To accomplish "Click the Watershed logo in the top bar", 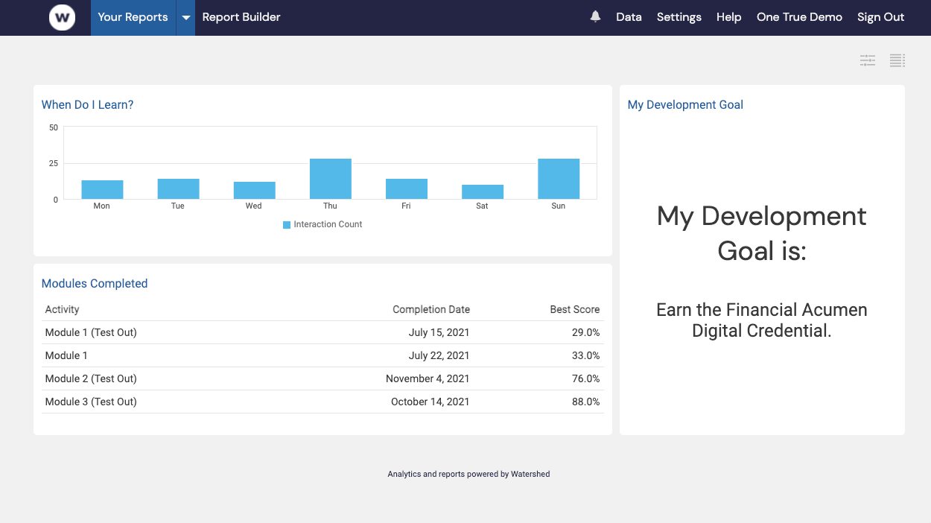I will tap(62, 17).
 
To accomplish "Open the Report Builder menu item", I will tap(241, 17).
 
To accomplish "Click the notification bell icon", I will tap(595, 16).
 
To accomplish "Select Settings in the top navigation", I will tap(679, 17).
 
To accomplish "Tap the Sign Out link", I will tap(880, 17).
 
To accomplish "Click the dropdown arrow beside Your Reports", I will tap(185, 18).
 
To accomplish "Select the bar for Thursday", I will tap(330, 179).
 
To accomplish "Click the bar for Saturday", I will tap(482, 191).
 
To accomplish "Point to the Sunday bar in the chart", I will tap(558, 179).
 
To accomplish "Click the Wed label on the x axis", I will tap(253, 206).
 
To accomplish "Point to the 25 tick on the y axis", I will tap(53, 163).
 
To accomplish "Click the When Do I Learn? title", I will tap(87, 105).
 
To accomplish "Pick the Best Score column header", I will tap(574, 309).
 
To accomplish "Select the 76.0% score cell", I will tap(585, 378).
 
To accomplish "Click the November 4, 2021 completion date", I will tap(428, 378).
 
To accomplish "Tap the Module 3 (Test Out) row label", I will tap(91, 402).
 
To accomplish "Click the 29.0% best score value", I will tap(585, 332).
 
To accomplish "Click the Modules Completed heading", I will tap(95, 284).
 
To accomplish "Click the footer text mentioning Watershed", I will tap(468, 474).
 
